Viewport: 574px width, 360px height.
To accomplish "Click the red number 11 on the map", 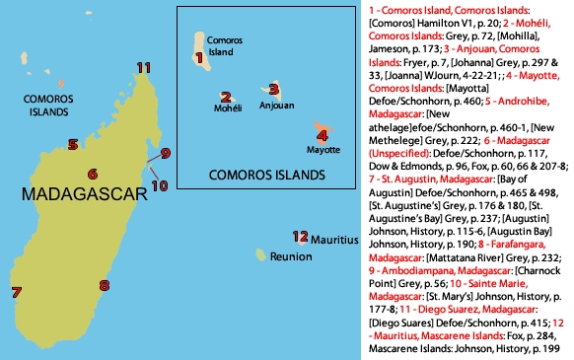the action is point(144,68).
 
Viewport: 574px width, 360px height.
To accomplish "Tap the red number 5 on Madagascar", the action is point(74,144).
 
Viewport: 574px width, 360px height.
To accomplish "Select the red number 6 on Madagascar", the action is point(92,174).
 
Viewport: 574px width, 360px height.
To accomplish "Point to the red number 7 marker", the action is point(16,292).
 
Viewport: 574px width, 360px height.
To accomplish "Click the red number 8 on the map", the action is point(104,286).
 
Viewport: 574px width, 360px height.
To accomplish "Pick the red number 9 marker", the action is point(166,153).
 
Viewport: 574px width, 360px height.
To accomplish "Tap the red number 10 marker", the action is point(160,184).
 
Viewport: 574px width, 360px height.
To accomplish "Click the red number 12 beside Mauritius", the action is point(300,236).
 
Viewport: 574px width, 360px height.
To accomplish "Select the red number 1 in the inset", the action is point(199,58).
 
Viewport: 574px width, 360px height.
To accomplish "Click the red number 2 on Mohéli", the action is point(226,97).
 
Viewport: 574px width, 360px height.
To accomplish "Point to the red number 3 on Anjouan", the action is point(274,89).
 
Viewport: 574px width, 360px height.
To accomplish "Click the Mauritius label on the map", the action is point(334,238).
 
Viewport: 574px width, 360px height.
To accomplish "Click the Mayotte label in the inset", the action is point(323,151).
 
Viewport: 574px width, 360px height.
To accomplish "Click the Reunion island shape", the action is point(261,255).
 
